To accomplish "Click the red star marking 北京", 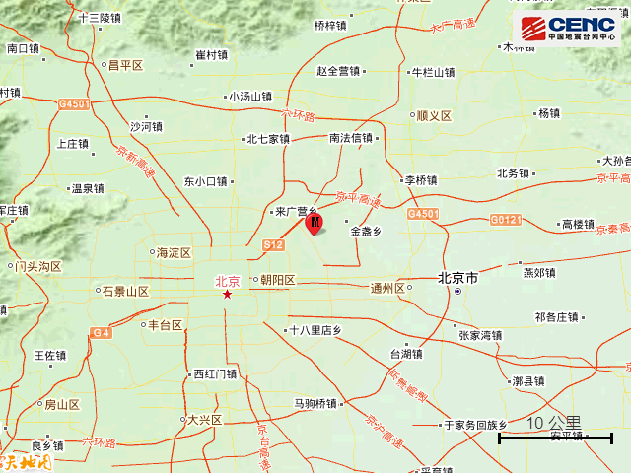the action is click(x=227, y=294).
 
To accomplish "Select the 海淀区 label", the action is click(x=174, y=253).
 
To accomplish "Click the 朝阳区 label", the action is click(x=277, y=280).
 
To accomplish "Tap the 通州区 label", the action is click(x=387, y=289).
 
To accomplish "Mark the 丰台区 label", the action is click(x=165, y=325).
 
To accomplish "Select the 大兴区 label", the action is click(x=206, y=421).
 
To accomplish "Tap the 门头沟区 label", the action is click(x=38, y=267).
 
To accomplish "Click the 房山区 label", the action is click(x=61, y=405).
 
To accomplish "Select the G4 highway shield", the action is click(x=101, y=334).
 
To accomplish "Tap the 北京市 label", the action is click(x=458, y=280).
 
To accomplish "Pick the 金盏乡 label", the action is click(x=366, y=233).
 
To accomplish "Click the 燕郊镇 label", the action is click(x=540, y=272).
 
